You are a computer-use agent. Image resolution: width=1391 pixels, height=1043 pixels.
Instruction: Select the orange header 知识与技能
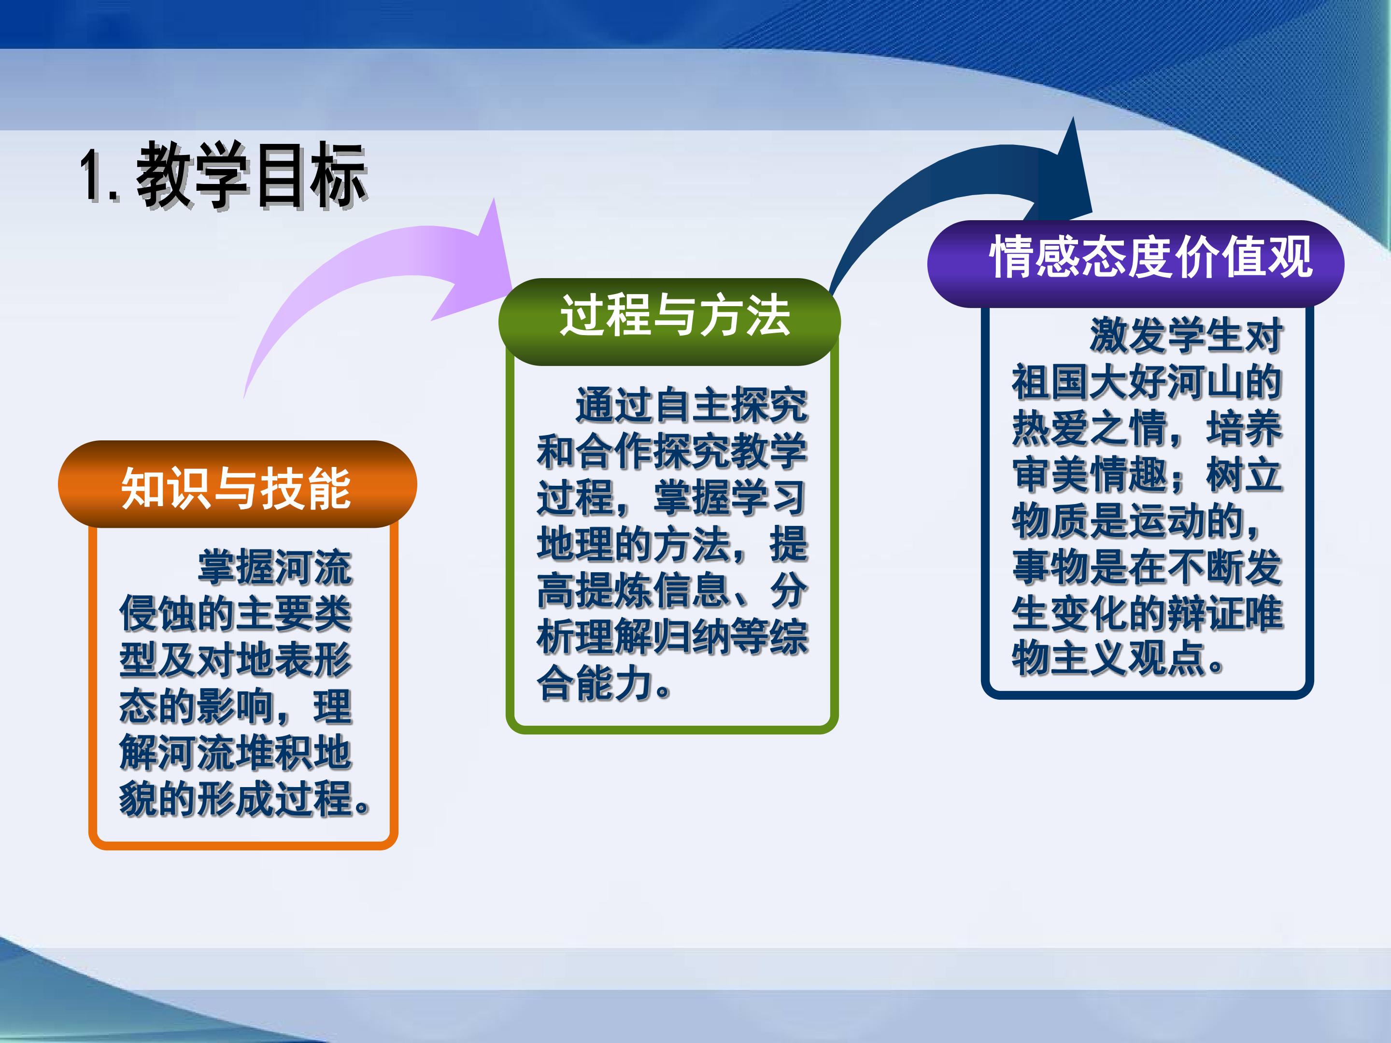pyautogui.click(x=237, y=487)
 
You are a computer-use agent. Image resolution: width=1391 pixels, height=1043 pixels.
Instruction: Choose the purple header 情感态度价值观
pyautogui.click(x=1151, y=256)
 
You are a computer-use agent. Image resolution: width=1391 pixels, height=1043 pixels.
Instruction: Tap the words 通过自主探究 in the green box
pyautogui.click(x=692, y=405)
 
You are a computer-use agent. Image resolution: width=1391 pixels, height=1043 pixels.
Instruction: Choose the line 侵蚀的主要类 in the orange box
pyautogui.click(x=236, y=614)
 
